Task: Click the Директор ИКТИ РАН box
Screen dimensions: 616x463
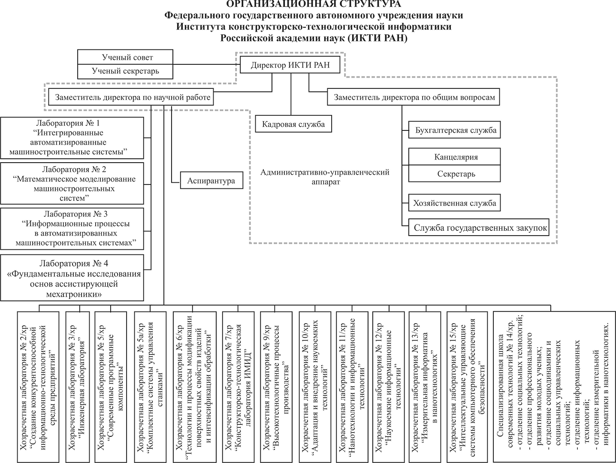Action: tap(290, 65)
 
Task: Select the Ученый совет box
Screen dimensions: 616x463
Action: tap(125, 57)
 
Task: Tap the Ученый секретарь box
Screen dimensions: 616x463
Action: tap(125, 72)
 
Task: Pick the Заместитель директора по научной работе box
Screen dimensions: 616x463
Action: tap(131, 97)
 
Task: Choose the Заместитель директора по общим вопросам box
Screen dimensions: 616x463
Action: tap(414, 97)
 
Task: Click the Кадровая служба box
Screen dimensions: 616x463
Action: tap(293, 124)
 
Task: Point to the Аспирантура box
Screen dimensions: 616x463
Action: tap(211, 180)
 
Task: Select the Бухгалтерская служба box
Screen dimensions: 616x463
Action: tap(454, 130)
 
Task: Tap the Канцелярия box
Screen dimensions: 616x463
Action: tap(454, 157)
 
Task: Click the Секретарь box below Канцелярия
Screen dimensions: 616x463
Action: tap(454, 173)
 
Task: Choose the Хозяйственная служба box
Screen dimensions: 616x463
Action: tap(454, 203)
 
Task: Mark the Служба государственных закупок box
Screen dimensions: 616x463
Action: tap(478, 227)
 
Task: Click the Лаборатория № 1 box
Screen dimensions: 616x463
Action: tap(72, 138)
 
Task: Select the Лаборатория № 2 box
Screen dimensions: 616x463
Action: tap(72, 184)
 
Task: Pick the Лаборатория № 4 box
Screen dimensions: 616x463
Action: tap(72, 278)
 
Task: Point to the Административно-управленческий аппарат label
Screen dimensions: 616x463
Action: tap(325, 177)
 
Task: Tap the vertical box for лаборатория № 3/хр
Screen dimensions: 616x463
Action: tap(80, 387)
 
